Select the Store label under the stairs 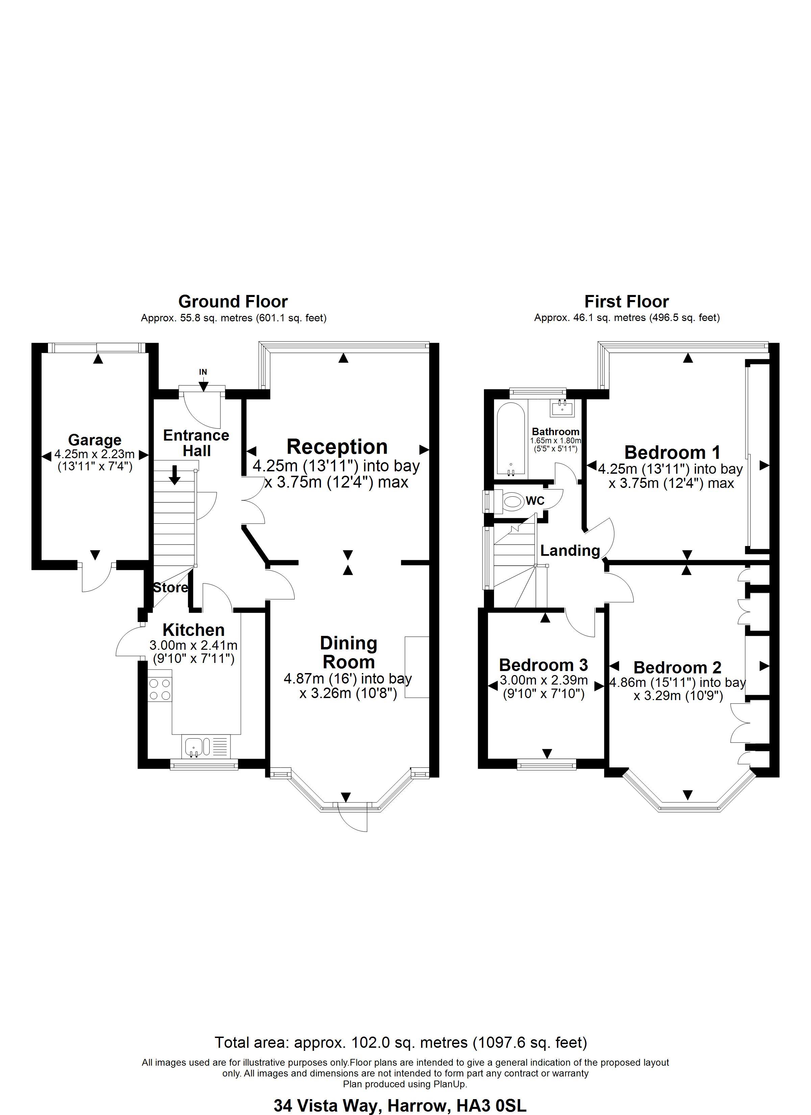coord(170,588)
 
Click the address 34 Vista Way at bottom coord(400,1106)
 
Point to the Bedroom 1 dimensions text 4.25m coord(670,470)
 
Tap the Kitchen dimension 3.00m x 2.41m coord(193,645)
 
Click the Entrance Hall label coord(196,443)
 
